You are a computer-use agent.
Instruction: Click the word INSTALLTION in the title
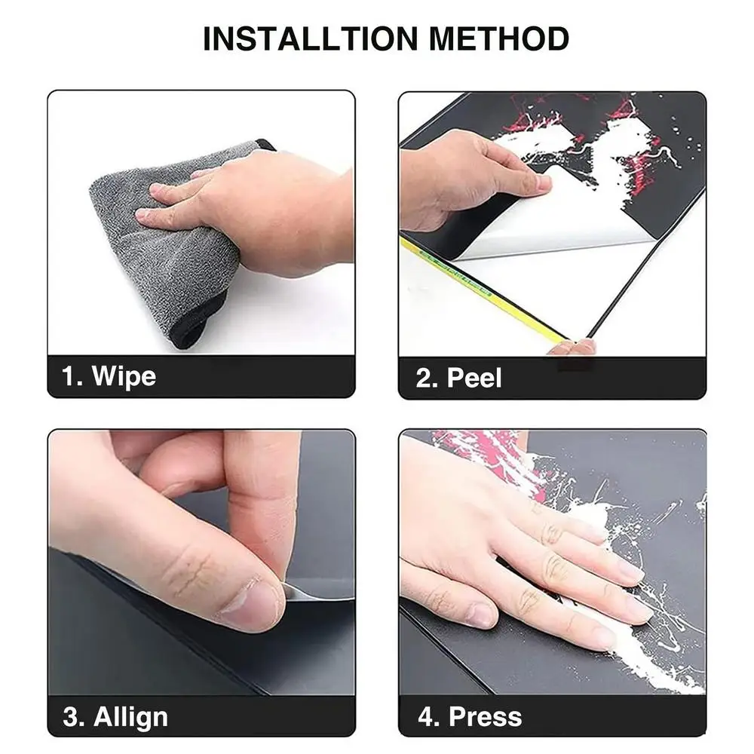310,38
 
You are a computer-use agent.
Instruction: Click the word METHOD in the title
498,38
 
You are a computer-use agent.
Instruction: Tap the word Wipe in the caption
124,375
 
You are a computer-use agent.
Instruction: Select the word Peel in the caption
474,378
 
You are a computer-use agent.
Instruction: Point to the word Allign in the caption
130,718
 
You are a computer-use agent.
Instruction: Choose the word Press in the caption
485,717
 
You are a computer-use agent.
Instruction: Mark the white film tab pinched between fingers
308,593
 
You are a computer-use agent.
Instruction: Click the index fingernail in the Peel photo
544,182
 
